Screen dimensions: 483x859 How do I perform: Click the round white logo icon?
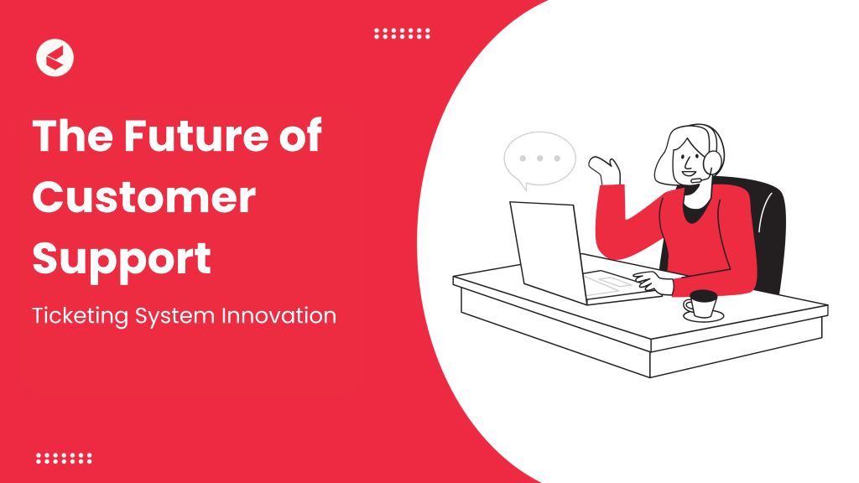tap(55, 59)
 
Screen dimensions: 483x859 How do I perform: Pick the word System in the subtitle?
tap(176, 317)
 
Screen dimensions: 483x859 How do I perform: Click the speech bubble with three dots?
tap(539, 159)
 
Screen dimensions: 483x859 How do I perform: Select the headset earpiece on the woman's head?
tap(715, 159)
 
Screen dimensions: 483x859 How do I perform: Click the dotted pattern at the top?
tap(402, 34)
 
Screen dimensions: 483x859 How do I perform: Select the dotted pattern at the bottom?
tap(64, 459)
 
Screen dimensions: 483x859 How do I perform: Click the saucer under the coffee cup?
tap(703, 316)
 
